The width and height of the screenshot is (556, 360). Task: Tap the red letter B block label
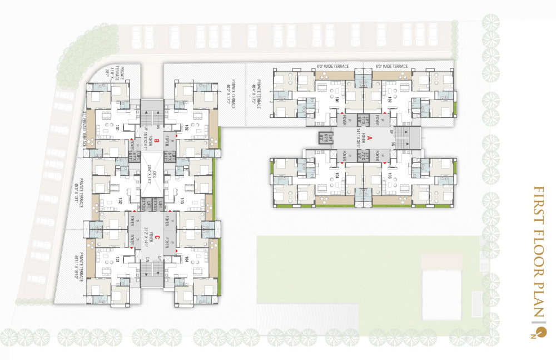[x=157, y=141]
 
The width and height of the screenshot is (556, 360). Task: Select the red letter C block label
[x=157, y=238]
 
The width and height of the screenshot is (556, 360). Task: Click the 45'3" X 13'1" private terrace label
[x=79, y=192]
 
